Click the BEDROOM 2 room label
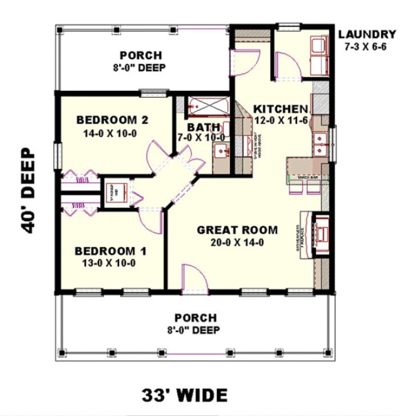click(x=111, y=120)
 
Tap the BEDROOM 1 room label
click(x=110, y=251)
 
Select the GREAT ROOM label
click(x=237, y=230)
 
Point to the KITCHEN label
click(x=280, y=108)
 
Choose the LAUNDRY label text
click(x=367, y=34)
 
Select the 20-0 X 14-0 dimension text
click(x=237, y=243)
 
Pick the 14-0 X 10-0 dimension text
click(x=110, y=133)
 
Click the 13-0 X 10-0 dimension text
click(x=110, y=263)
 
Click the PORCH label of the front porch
click(x=195, y=318)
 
